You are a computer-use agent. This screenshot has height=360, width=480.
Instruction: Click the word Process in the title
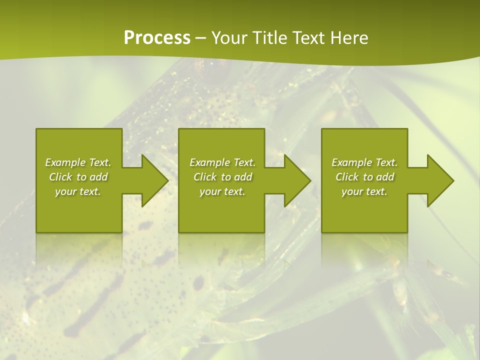click(157, 38)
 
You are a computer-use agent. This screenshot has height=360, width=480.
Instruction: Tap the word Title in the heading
click(269, 38)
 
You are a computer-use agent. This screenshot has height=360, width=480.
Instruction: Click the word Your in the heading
click(230, 38)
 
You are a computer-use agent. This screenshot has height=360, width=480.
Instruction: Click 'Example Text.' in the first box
click(78, 162)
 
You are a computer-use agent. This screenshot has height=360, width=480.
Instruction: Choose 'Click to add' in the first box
click(78, 177)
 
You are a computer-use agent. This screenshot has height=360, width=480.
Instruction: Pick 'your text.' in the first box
click(78, 191)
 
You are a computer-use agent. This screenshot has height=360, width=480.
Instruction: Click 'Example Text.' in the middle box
click(222, 162)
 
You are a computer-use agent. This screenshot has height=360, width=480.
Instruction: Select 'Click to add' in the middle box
click(222, 177)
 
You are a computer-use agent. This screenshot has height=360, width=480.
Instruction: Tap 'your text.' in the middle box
click(222, 191)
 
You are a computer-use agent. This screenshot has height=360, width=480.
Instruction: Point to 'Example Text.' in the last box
click(364, 162)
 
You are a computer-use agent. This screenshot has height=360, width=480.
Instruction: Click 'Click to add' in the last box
click(364, 177)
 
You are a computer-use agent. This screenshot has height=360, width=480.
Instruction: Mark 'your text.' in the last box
click(364, 191)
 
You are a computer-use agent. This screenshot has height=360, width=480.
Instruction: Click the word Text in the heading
click(309, 38)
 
